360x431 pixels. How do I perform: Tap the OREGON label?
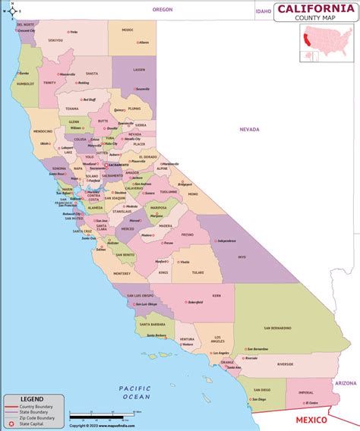click(x=163, y=10)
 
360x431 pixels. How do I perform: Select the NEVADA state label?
click(x=249, y=130)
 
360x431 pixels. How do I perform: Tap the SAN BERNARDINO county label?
click(x=276, y=328)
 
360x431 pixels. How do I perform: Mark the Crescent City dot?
click(x=19, y=32)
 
